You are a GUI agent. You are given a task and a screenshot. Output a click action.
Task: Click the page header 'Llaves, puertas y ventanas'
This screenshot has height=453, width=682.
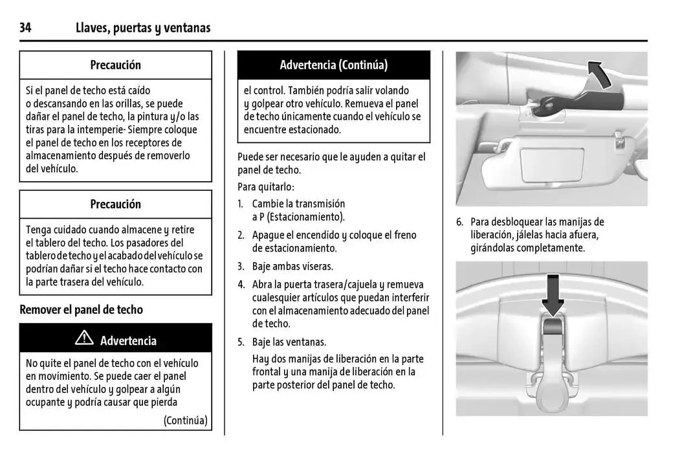click(x=142, y=28)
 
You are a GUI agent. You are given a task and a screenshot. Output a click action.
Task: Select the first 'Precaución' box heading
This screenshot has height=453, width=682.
click(x=115, y=65)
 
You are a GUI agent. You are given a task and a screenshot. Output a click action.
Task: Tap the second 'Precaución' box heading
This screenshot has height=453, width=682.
click(x=115, y=204)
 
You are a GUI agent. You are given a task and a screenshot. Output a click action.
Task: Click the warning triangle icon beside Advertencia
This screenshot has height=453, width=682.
click(x=84, y=338)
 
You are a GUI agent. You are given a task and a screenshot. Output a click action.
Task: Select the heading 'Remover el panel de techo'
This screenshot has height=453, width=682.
click(x=81, y=309)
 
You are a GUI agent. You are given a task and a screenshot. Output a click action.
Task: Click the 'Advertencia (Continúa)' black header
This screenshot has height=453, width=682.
click(x=333, y=65)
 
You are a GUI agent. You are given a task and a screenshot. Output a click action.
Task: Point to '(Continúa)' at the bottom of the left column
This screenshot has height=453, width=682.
click(x=185, y=421)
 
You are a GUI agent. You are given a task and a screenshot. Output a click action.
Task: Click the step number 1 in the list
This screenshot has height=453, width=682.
click(x=240, y=204)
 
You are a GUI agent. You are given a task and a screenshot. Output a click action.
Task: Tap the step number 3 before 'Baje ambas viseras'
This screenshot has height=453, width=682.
click(x=240, y=266)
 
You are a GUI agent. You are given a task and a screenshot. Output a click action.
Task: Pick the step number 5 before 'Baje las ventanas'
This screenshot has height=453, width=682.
click(x=240, y=342)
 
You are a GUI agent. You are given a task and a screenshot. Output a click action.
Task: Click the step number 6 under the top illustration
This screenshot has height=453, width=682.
click(x=459, y=222)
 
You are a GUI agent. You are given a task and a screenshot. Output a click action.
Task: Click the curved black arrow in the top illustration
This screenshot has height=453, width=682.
click(x=599, y=73)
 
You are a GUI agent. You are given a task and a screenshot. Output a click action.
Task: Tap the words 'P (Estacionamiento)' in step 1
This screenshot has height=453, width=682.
click(x=298, y=217)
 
